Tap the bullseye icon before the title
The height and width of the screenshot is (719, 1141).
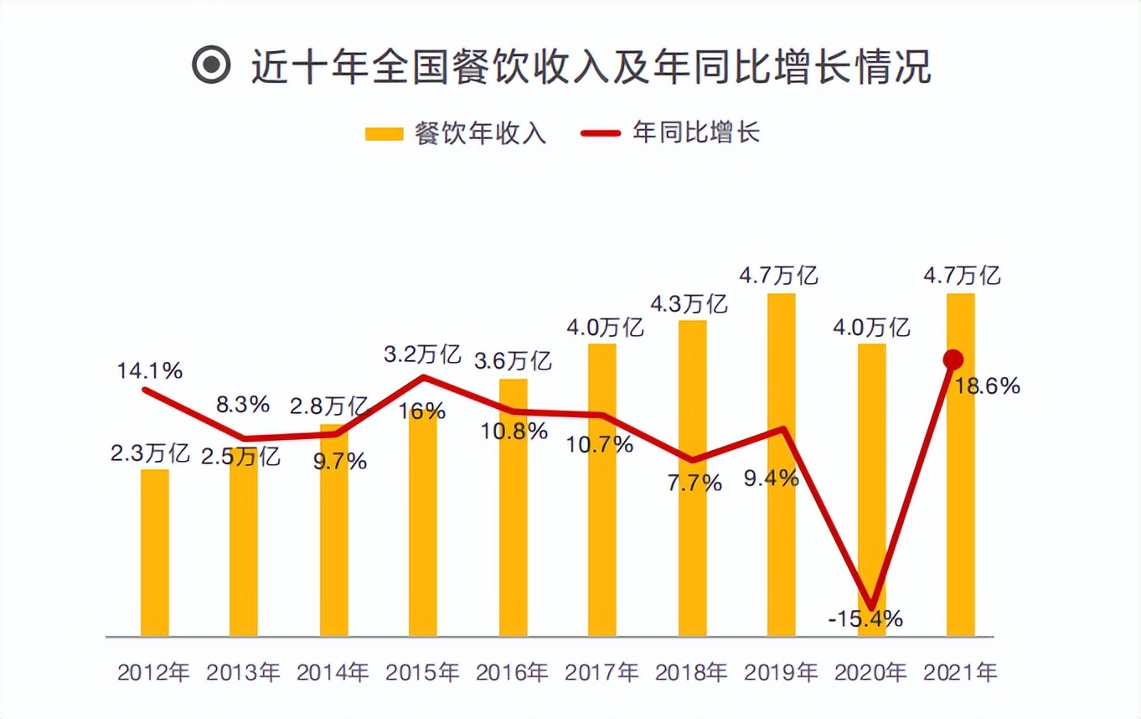pyautogui.click(x=210, y=66)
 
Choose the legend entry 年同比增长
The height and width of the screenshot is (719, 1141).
pyautogui.click(x=671, y=133)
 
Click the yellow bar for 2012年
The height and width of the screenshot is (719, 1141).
pyautogui.click(x=155, y=553)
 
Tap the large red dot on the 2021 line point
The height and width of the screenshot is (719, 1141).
pyautogui.click(x=953, y=360)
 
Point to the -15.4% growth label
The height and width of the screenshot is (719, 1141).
pyautogui.click(x=865, y=620)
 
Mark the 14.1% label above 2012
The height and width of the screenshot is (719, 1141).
pyautogui.click(x=151, y=371)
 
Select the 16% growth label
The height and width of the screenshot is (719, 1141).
pyautogui.click(x=423, y=411)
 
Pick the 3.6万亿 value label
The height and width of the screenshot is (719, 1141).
pyautogui.click(x=512, y=361)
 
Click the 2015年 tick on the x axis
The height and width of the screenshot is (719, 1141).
pyautogui.click(x=422, y=672)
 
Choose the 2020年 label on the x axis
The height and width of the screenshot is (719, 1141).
pyautogui.click(x=871, y=672)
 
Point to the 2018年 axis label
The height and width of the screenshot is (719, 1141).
pyautogui.click(x=692, y=672)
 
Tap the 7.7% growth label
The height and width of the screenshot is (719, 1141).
pyautogui.click(x=693, y=483)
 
